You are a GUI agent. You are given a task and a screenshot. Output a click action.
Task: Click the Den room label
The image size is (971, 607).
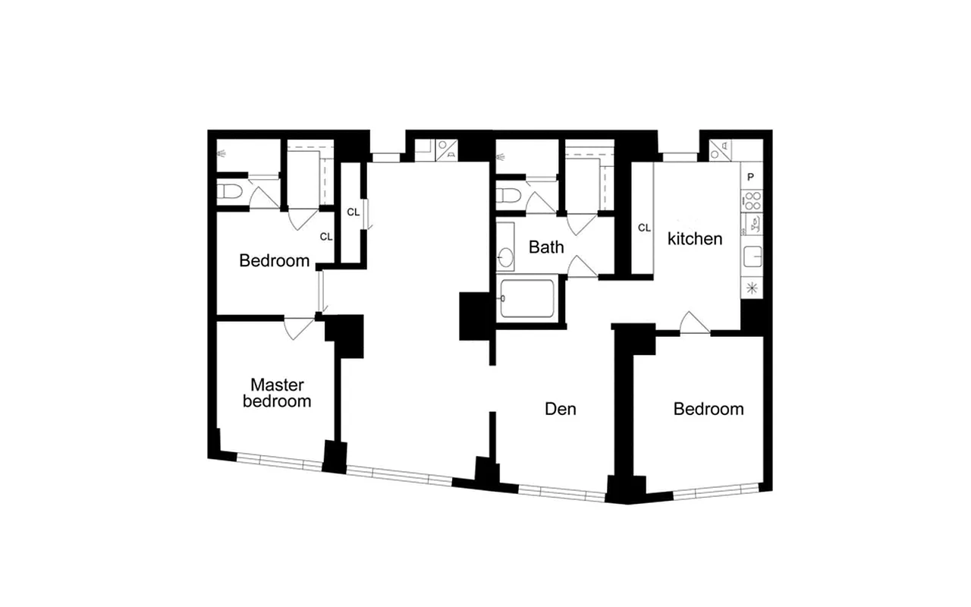pos(561,409)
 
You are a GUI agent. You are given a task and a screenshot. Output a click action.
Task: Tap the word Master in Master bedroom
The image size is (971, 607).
pos(277,385)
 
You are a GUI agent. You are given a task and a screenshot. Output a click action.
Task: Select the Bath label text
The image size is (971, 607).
pos(546,247)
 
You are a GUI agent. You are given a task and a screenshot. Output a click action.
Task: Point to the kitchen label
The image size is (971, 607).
pos(695,238)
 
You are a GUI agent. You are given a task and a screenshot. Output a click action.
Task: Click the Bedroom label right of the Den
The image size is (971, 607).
pos(709,409)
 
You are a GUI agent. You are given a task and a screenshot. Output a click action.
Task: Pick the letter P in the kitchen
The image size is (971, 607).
pos(751,177)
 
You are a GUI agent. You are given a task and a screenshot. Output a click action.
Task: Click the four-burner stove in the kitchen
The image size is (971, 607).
pos(752,201)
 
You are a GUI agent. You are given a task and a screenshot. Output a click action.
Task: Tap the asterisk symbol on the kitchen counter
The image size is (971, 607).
pos(752,287)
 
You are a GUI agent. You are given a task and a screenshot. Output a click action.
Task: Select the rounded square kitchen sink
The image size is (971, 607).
pos(753,256)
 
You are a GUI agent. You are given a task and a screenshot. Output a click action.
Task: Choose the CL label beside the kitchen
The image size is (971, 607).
pos(644,228)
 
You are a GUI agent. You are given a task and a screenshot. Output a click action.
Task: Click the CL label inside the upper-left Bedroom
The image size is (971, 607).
pos(326,237)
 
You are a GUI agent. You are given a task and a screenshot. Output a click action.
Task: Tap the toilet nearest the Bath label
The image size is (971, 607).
pos(509,196)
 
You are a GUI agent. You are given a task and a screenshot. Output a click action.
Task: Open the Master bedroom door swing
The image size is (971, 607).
pos(298,329)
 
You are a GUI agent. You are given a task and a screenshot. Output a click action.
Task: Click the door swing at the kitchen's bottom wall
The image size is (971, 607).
pos(694,322)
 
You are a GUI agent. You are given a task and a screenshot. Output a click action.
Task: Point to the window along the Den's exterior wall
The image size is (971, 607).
pos(562,492)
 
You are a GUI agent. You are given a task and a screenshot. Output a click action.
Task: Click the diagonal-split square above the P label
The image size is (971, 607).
pos(719,149)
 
